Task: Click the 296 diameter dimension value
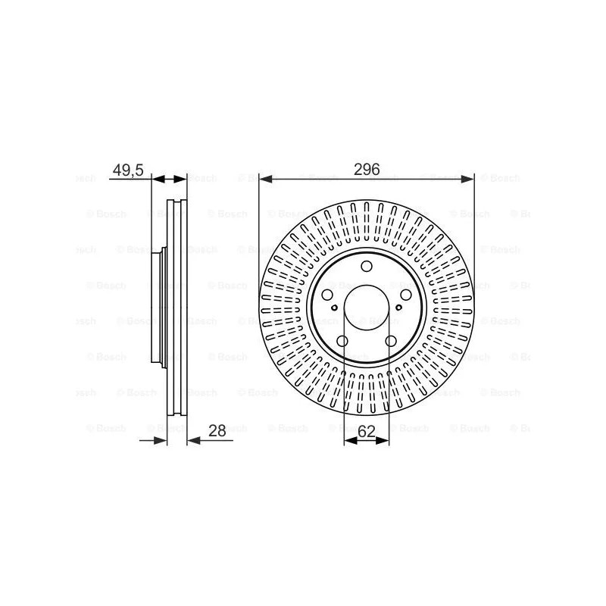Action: (367, 169)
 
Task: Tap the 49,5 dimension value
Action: (128, 170)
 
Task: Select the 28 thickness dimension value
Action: (217, 430)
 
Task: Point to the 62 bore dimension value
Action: (367, 431)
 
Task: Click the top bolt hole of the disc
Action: (367, 267)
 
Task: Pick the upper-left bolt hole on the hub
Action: (327, 295)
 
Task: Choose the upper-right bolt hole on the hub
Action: (406, 295)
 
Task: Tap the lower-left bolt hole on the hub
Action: (342, 341)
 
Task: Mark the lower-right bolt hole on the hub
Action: (391, 341)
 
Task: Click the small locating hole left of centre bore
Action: (334, 308)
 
